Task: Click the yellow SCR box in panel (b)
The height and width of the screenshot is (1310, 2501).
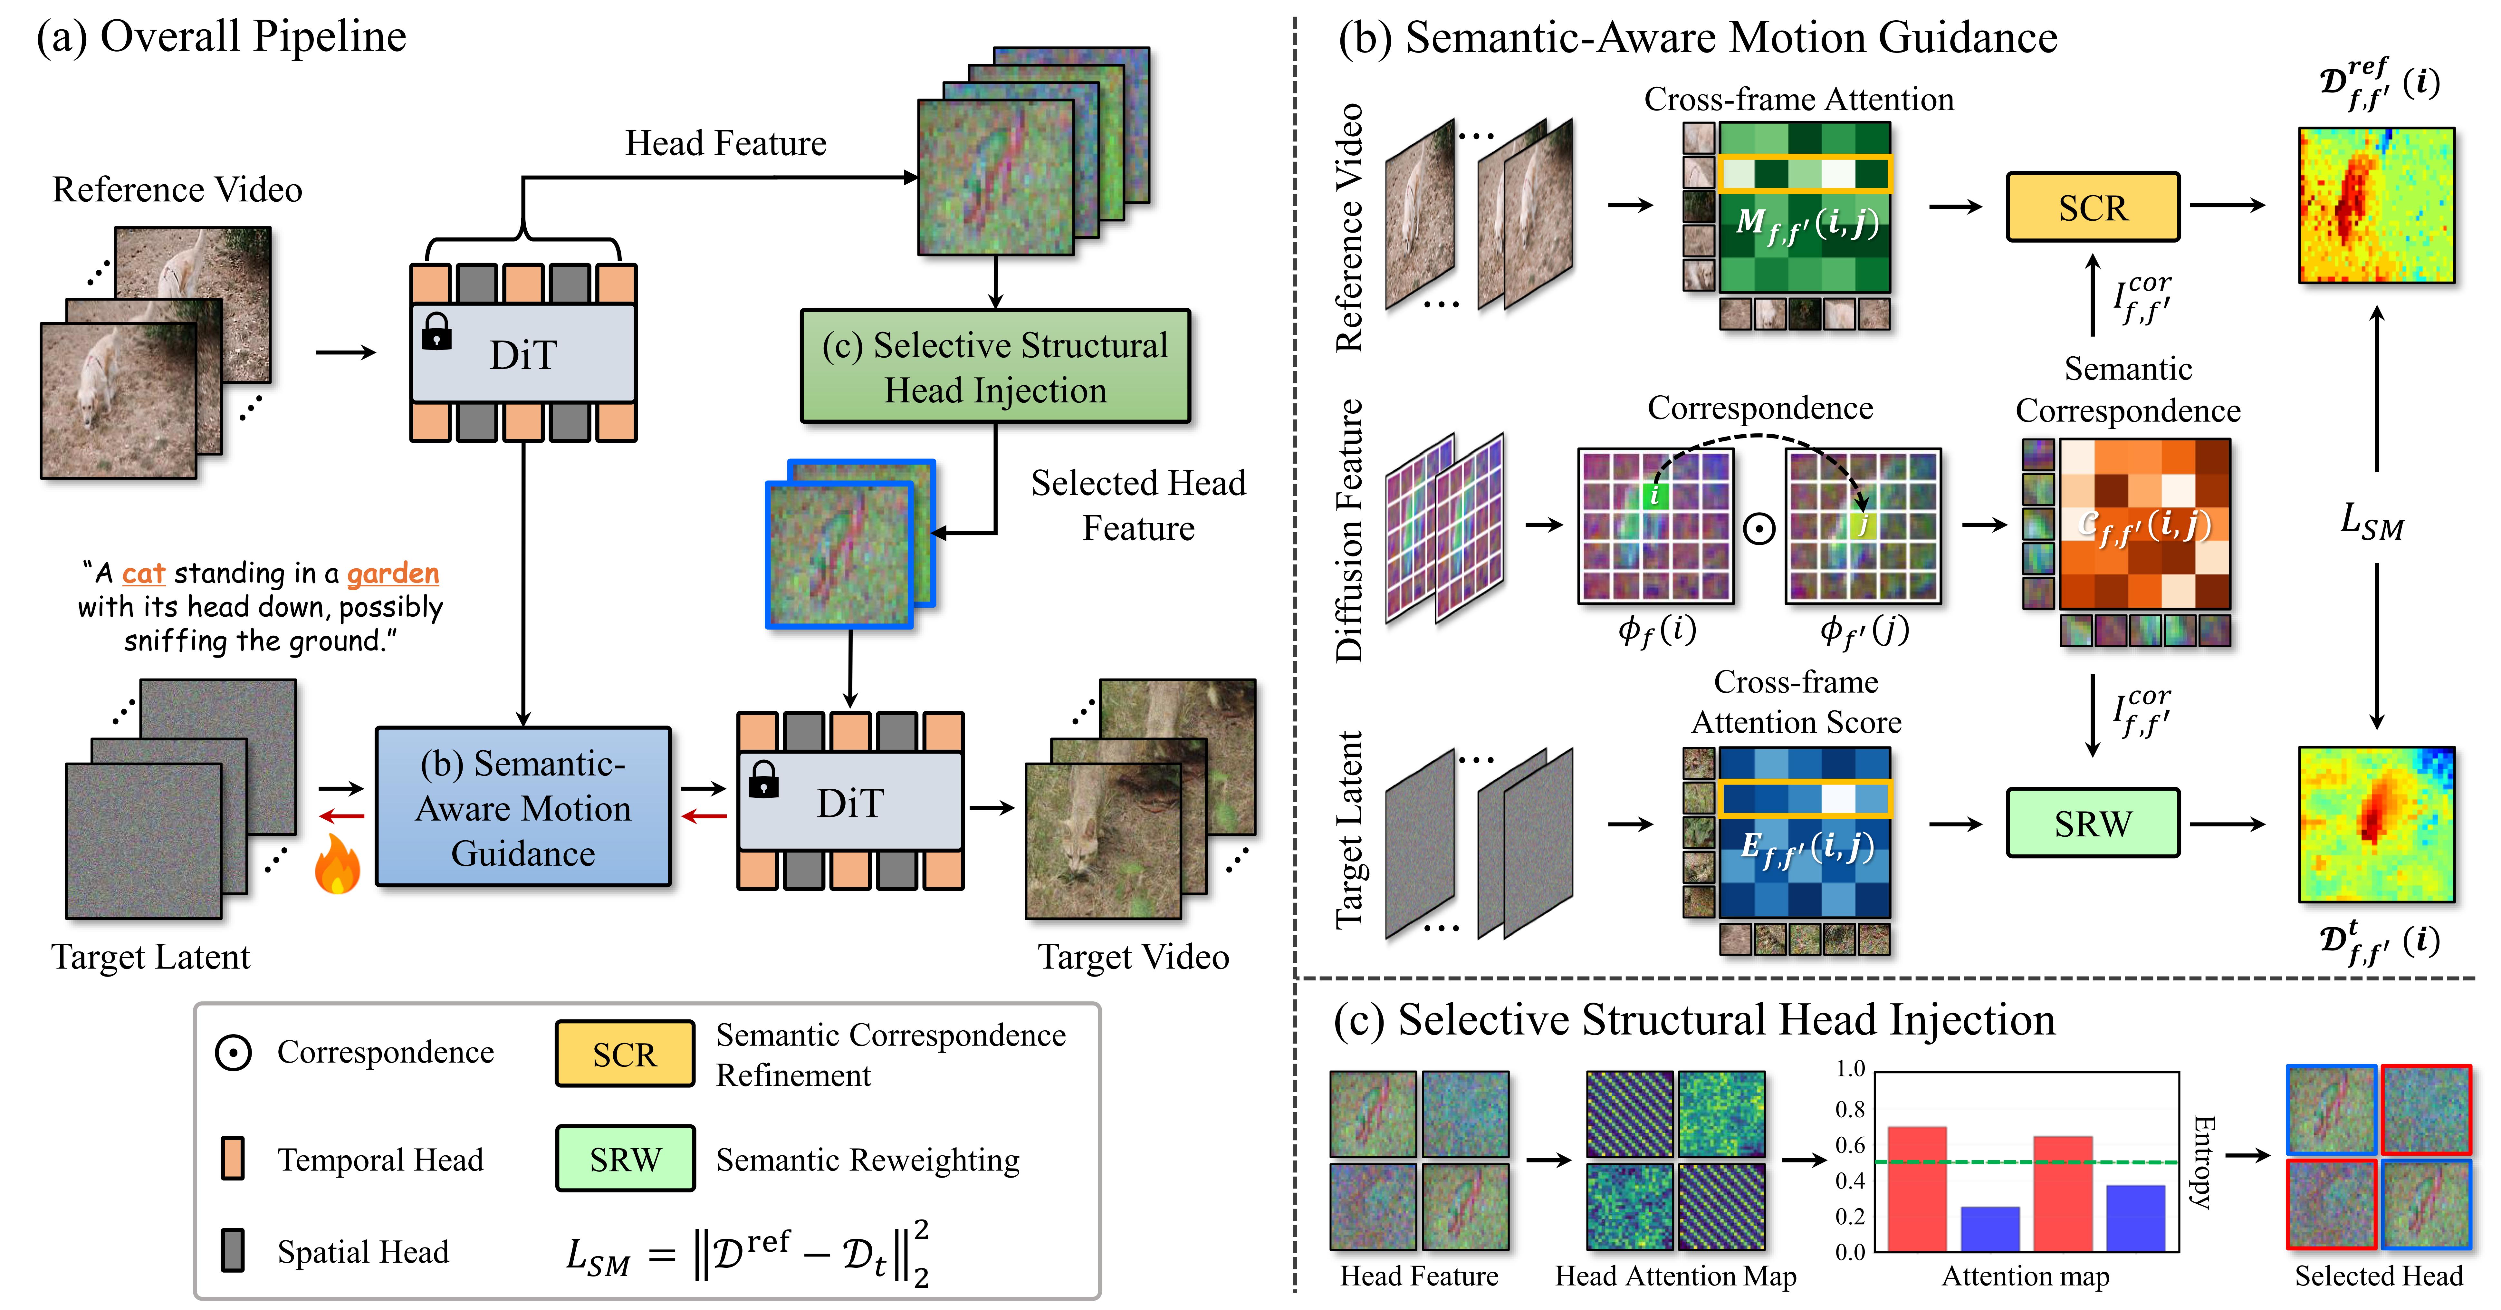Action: coord(2092,207)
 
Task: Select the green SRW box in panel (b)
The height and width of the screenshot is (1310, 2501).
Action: coord(2092,824)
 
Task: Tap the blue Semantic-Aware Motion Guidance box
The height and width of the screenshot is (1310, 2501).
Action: coord(523,807)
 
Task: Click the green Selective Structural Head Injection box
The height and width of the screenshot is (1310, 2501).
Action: coord(995,366)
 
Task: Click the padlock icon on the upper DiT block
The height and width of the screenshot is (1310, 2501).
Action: coord(436,331)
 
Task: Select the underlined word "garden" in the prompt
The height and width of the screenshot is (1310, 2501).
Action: coord(393,574)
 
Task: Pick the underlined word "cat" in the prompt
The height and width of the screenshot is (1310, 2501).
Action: coord(144,574)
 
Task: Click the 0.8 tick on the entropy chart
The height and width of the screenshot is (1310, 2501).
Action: coord(1850,1109)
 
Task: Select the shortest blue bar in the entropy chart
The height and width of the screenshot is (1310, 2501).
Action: coord(1990,1228)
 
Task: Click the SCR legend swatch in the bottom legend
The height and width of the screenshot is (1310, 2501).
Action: coord(624,1054)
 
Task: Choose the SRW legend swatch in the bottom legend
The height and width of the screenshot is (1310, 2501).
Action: coord(624,1159)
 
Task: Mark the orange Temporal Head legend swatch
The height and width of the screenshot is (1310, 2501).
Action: coord(232,1159)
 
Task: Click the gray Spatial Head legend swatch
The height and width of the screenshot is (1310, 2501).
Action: coord(232,1251)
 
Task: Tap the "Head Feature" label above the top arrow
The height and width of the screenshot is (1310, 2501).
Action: coord(725,144)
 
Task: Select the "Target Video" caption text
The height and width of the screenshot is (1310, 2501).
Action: coord(1133,958)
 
